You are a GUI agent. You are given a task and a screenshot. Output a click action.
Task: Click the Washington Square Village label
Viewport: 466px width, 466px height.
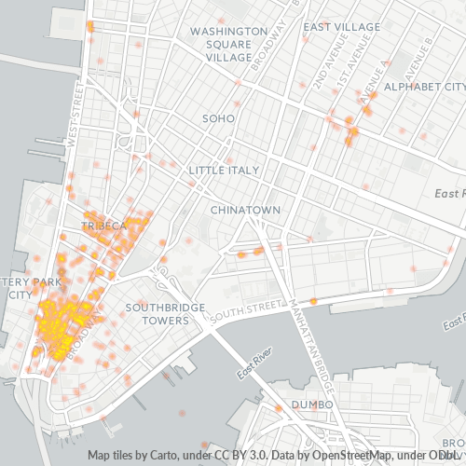pos(221,44)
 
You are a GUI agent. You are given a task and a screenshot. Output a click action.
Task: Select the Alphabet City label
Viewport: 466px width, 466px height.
pos(424,87)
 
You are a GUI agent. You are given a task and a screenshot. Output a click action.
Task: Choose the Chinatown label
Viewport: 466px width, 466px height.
pos(245,210)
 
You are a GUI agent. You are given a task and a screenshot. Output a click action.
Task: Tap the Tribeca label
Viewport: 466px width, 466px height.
pos(103,226)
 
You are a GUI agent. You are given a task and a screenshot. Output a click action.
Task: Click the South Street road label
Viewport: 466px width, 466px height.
pos(246,314)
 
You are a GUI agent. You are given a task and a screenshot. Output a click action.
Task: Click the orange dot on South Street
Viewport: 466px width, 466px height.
pos(313,301)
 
